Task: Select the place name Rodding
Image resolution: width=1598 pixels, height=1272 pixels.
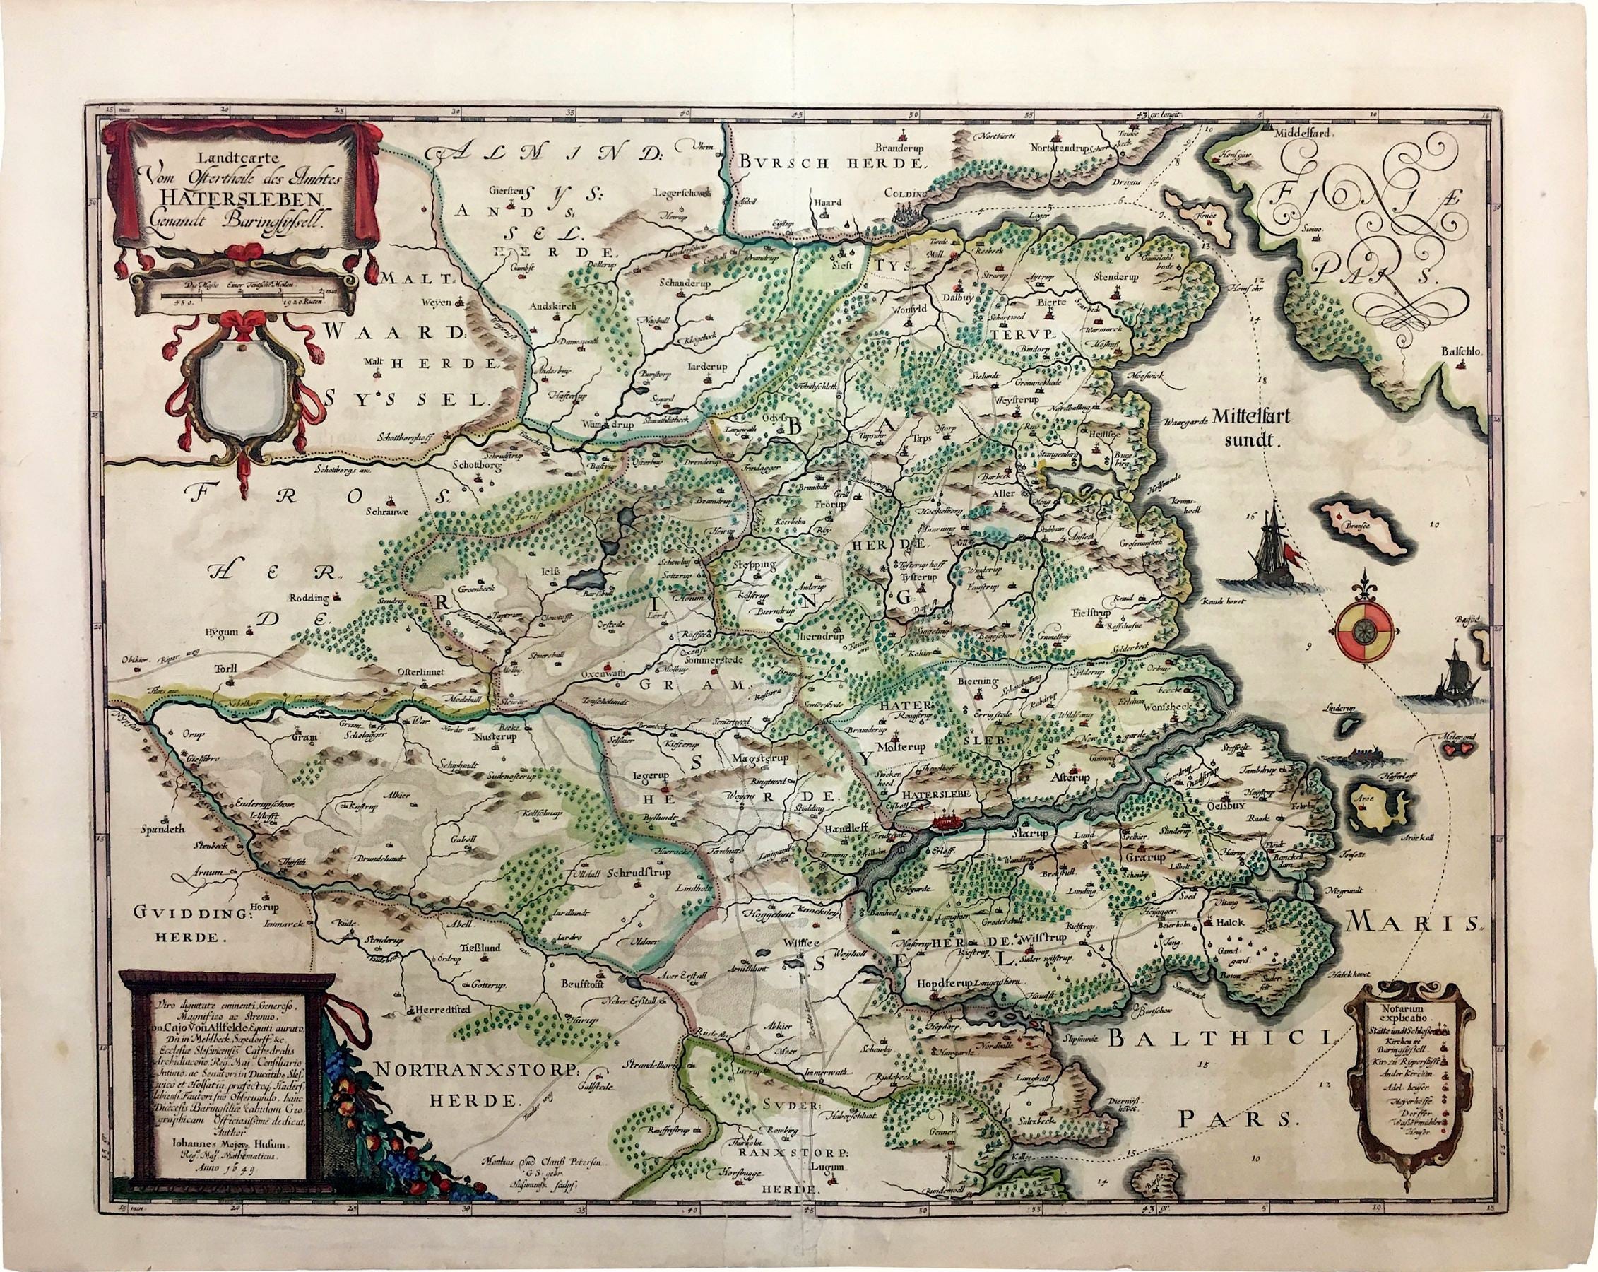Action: [311, 595]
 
